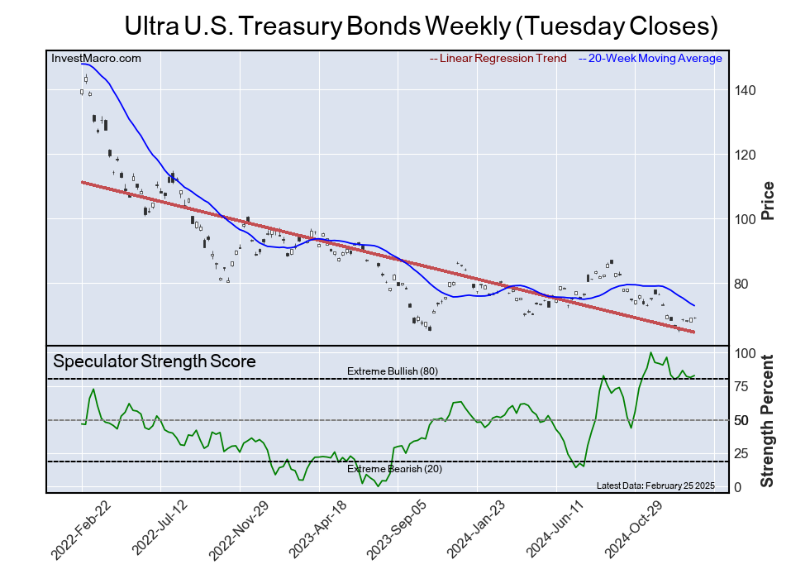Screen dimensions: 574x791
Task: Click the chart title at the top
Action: coord(420,26)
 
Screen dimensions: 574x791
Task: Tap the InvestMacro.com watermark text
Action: coord(96,58)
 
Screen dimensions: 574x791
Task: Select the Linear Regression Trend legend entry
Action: coord(498,58)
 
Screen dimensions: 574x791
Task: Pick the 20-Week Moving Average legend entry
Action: coord(650,58)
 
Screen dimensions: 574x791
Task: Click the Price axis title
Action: coord(767,200)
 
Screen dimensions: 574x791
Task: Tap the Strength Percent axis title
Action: coord(767,420)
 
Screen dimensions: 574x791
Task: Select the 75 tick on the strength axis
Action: coord(743,386)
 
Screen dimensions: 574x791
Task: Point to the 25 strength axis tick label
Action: coord(743,453)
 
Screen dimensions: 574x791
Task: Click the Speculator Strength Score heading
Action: coord(155,361)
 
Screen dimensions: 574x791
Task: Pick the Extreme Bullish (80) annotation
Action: coord(392,371)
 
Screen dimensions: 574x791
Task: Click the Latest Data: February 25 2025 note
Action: coord(655,485)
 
